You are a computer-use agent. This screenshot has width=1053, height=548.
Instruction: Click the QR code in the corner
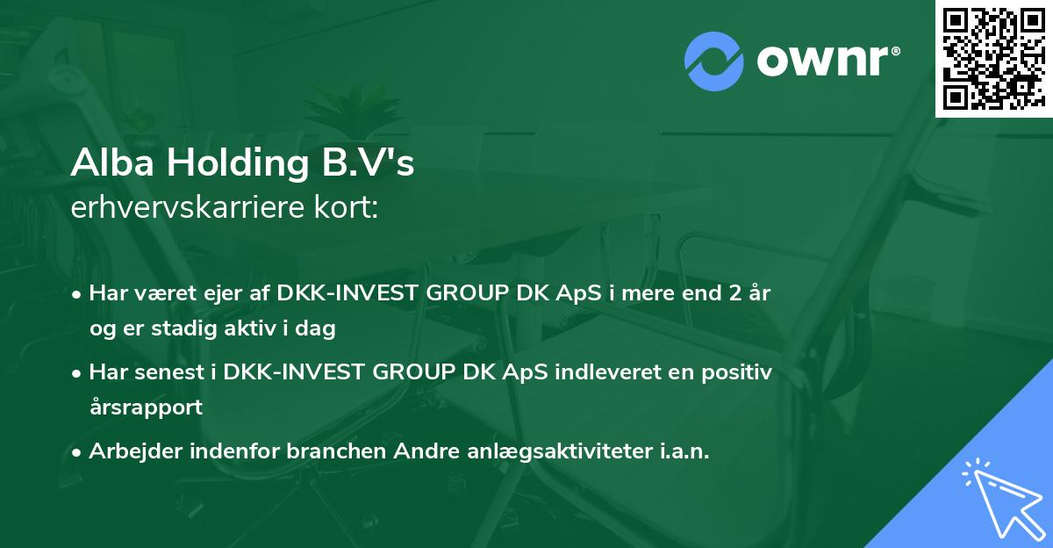coord(994,59)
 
